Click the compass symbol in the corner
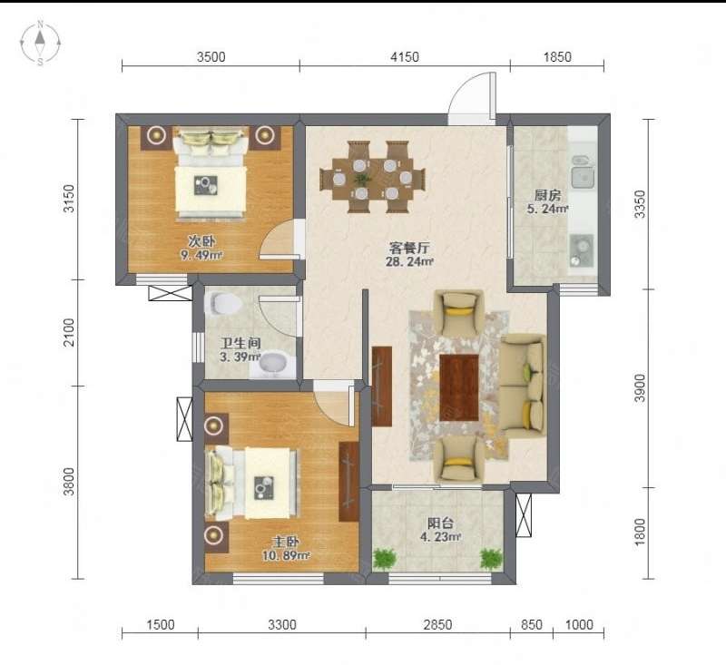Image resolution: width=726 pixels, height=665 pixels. (x=40, y=43)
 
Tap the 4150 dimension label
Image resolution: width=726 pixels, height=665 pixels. (x=405, y=57)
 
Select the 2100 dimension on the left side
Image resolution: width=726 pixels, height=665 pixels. (x=69, y=332)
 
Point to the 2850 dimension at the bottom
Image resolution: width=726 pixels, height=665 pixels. (x=437, y=625)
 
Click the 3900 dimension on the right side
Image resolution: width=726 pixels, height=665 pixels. (x=640, y=388)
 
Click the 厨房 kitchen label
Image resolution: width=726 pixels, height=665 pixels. (x=548, y=195)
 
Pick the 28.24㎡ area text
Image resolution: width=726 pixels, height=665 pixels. (x=410, y=261)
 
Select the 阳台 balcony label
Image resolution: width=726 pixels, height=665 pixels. (x=440, y=523)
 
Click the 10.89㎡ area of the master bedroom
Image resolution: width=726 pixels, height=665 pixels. (x=286, y=555)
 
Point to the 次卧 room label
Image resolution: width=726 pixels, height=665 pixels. (x=201, y=241)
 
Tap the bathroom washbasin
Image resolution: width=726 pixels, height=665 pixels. (x=273, y=364)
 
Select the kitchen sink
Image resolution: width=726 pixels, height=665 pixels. (x=583, y=176)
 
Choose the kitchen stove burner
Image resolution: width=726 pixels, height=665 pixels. (x=582, y=250)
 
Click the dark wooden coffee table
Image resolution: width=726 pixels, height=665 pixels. (x=459, y=387)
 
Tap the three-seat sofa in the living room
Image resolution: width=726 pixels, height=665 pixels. (x=524, y=386)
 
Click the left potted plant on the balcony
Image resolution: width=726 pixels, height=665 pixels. (x=385, y=559)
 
